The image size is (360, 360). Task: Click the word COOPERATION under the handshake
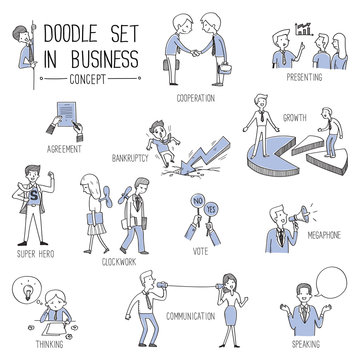pos(196,100)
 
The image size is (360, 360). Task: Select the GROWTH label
pos(294,116)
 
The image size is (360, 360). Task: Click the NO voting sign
pos(194,206)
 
